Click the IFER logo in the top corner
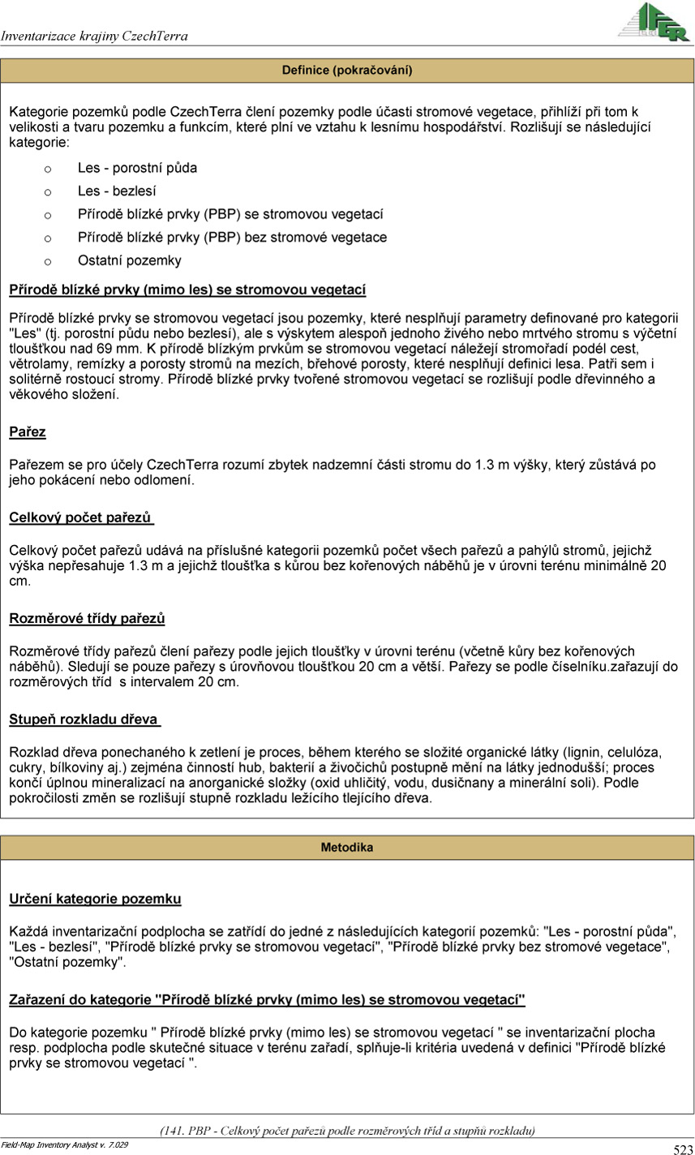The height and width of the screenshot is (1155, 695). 654,22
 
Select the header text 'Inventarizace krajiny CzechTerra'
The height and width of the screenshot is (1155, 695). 95,36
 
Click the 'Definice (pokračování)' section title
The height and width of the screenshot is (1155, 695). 347,71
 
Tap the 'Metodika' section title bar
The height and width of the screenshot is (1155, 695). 347,848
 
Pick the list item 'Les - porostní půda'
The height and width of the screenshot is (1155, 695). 137,169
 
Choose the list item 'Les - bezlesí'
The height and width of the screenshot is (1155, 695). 117,191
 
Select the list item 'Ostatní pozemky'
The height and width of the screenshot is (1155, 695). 130,260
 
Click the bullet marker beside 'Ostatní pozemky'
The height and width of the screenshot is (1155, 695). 47,261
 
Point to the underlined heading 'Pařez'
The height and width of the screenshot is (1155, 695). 28,432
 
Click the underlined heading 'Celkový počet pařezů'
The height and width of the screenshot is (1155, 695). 81,517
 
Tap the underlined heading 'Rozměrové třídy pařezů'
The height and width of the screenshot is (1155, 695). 87,619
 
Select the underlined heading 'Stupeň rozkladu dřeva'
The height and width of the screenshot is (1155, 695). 84,719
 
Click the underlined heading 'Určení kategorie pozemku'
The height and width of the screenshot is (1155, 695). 95,899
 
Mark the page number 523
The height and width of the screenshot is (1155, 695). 682,1149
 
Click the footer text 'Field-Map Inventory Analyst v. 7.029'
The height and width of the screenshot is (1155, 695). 64,1144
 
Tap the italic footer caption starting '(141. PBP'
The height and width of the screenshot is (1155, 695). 347,1130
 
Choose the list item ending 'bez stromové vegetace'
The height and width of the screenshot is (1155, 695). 232,238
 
